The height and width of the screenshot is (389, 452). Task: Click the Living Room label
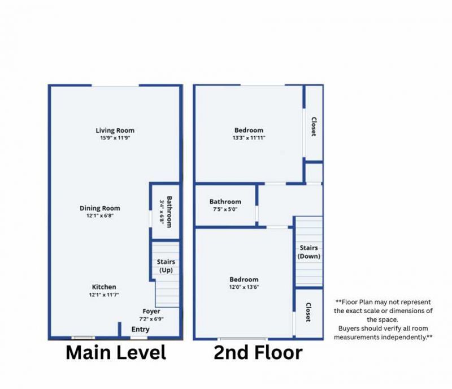pyautogui.click(x=115, y=131)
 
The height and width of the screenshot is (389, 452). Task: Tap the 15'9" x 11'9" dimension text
pyautogui.click(x=115, y=138)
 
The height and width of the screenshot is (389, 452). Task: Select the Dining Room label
pyautogui.click(x=99, y=208)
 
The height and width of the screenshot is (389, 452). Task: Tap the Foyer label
pyautogui.click(x=151, y=312)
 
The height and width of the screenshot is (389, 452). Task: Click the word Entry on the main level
pyautogui.click(x=140, y=329)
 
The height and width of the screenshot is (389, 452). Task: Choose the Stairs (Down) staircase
pyautogui.click(x=308, y=252)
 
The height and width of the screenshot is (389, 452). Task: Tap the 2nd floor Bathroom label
pyautogui.click(x=225, y=202)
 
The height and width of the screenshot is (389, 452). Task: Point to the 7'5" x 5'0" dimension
pyautogui.click(x=225, y=209)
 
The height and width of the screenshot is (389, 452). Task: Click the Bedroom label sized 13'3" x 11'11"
pyautogui.click(x=248, y=130)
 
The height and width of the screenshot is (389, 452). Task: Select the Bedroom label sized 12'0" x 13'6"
pyautogui.click(x=244, y=279)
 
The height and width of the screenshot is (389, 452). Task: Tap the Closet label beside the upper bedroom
pyautogui.click(x=313, y=127)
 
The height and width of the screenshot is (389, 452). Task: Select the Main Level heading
pyautogui.click(x=116, y=353)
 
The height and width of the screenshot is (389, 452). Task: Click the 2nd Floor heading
pyautogui.click(x=258, y=353)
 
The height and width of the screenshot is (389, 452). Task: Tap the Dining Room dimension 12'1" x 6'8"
pyautogui.click(x=99, y=215)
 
